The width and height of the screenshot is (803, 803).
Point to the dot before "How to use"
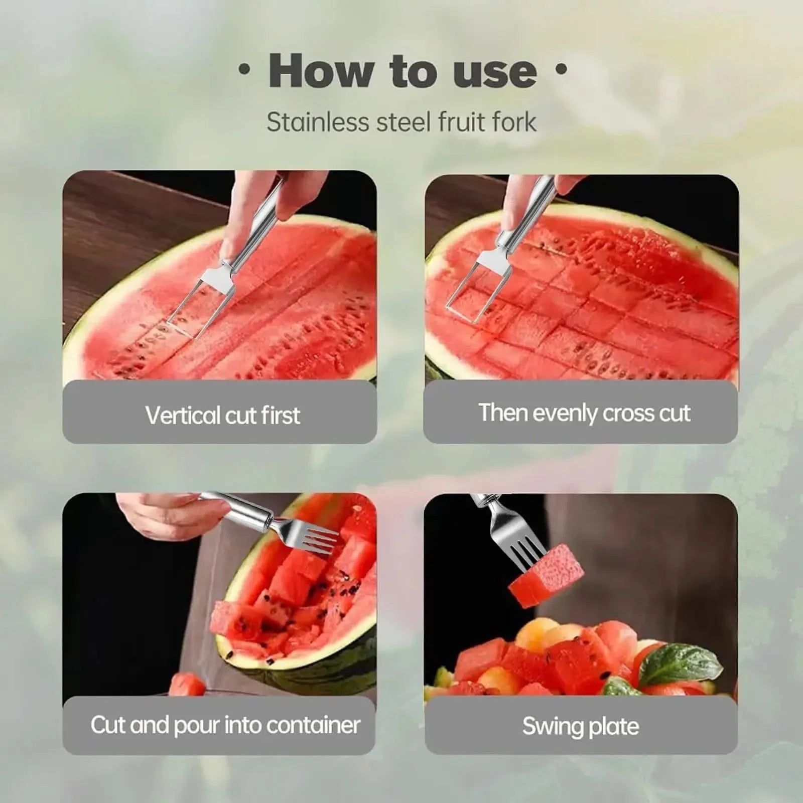pyautogui.click(x=244, y=71)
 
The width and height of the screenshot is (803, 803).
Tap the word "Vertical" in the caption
pyautogui.click(x=183, y=415)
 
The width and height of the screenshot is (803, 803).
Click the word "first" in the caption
pyautogui.click(x=280, y=415)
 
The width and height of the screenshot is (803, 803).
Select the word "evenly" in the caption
pyautogui.click(x=565, y=413)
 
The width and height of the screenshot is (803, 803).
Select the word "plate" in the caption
pyautogui.click(x=615, y=726)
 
